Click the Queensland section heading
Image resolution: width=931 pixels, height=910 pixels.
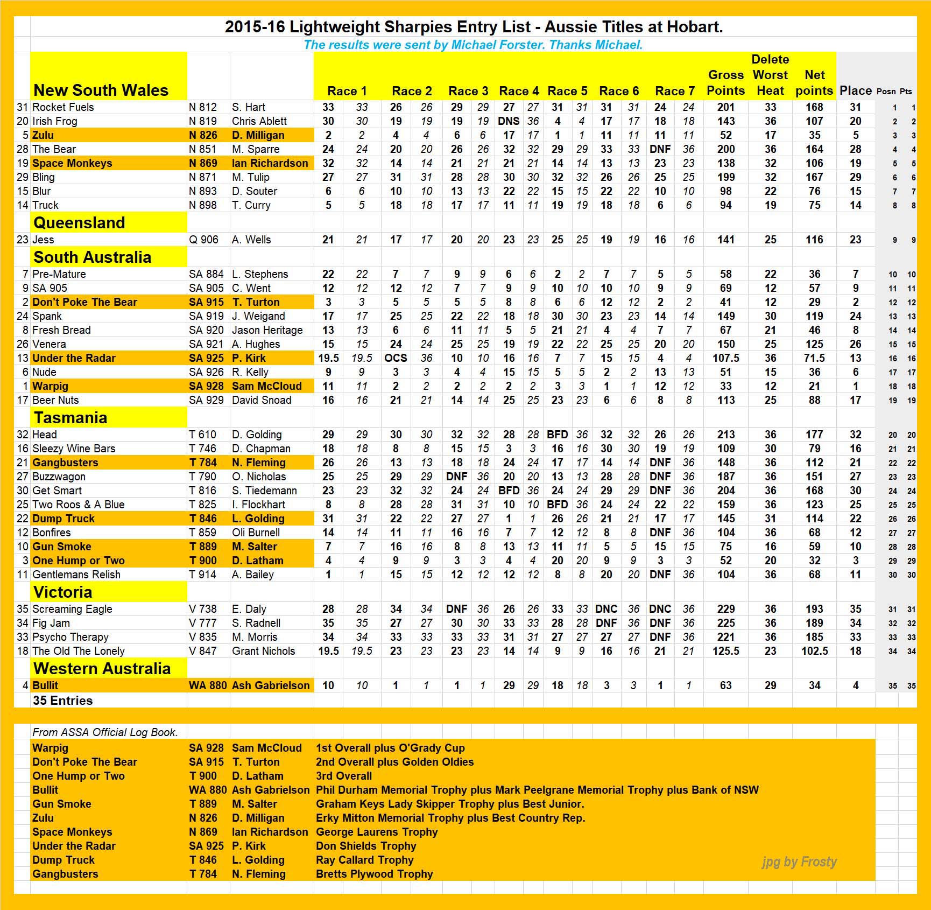[79, 222]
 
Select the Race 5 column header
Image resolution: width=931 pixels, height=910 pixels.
[567, 91]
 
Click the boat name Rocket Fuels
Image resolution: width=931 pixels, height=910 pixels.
[63, 107]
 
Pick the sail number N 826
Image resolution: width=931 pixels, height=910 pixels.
[203, 135]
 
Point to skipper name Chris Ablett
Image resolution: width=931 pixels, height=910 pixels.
[259, 121]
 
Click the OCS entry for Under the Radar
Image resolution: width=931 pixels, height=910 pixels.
[396, 358]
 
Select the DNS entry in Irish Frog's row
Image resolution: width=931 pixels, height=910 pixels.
[509, 121]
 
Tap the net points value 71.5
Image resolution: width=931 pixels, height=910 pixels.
[814, 358]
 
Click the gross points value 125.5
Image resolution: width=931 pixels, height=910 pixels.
[725, 651]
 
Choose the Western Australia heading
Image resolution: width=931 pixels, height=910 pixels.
[102, 668]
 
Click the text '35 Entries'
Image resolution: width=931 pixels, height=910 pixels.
[62, 701]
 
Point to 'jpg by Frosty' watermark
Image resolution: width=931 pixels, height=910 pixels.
[799, 862]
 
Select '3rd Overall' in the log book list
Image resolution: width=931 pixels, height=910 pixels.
[344, 776]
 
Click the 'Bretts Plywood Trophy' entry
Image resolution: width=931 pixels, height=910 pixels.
[374, 874]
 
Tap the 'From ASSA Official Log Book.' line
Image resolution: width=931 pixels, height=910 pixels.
[105, 732]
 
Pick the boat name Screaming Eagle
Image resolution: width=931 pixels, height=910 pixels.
[72, 609]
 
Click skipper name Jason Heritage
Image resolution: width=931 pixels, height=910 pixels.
[267, 330]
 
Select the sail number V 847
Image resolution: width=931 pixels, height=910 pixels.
[203, 651]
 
